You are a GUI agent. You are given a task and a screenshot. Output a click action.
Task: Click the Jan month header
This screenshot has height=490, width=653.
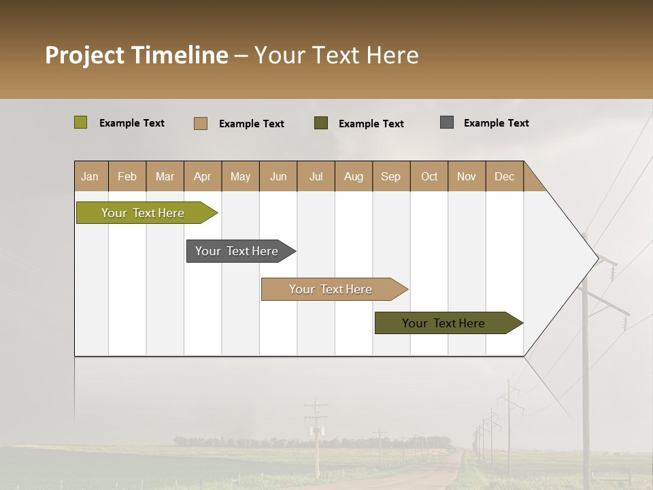90,176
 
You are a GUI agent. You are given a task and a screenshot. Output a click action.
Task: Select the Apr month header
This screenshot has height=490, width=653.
202,176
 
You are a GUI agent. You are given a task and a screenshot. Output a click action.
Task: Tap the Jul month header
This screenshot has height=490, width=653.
316,176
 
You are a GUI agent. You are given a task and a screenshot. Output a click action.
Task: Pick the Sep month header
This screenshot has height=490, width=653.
390,176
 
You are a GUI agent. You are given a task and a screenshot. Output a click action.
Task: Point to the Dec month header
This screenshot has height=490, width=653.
504,176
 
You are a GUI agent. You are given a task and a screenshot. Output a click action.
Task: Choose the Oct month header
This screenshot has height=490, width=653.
429,176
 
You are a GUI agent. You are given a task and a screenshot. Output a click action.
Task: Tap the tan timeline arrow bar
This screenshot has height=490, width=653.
331,289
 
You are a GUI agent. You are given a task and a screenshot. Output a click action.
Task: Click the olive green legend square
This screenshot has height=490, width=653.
80,122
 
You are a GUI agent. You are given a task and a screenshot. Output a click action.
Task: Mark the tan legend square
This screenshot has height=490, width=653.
200,123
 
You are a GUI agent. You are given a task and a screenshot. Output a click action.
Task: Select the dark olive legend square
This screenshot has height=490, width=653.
321,123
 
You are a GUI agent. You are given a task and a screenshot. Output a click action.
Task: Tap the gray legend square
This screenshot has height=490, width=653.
447,122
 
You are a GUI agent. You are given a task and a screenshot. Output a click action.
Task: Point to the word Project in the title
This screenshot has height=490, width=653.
84,55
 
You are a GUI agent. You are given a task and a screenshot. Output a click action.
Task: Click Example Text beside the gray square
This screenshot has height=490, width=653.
496,122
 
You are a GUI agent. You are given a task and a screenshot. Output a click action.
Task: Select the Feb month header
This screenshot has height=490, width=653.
127,176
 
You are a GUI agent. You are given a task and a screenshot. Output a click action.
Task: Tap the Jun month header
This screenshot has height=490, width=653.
278,176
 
